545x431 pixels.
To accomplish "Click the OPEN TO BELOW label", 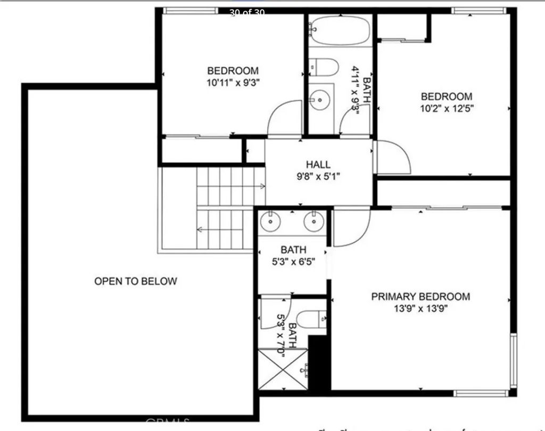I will pyautogui.click(x=135, y=281).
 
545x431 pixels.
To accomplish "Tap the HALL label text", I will pyautogui.click(x=318, y=164).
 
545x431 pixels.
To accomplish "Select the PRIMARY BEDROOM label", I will pyautogui.click(x=420, y=297).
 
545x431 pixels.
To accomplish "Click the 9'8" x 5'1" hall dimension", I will pyautogui.click(x=318, y=177).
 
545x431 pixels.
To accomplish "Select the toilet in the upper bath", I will pyautogui.click(x=326, y=68).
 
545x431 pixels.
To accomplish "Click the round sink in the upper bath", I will pyautogui.click(x=321, y=100).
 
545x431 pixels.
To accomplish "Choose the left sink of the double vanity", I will pyautogui.click(x=271, y=221).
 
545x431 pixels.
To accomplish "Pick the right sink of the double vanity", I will pyautogui.click(x=314, y=221).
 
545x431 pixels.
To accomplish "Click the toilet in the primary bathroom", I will pyautogui.click(x=311, y=320).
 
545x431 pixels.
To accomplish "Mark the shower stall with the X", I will pyautogui.click(x=282, y=368).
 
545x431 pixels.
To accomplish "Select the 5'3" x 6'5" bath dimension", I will pyautogui.click(x=293, y=261).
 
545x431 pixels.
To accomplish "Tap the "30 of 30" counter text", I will pyautogui.click(x=247, y=13).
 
